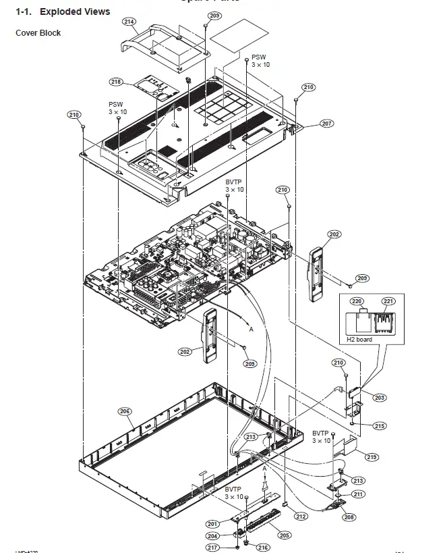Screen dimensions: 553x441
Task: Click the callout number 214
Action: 129,22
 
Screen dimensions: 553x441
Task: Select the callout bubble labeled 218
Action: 116,82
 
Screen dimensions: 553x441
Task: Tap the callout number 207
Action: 326,124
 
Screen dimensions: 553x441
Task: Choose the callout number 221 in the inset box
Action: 388,301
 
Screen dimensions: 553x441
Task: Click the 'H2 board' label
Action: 359,340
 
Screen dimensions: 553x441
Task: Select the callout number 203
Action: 380,398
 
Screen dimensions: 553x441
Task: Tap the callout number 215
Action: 380,426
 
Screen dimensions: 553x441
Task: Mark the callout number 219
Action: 372,457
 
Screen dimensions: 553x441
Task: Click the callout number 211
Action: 358,494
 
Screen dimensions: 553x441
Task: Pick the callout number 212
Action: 301,517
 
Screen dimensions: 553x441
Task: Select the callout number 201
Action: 212,524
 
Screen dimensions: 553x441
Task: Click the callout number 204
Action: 212,536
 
